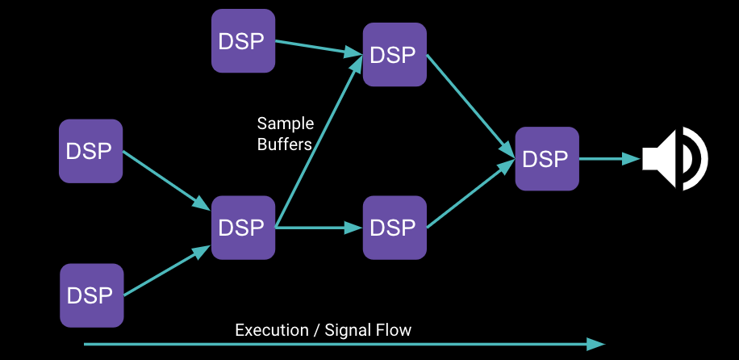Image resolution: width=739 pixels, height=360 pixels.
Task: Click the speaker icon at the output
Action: click(x=674, y=158)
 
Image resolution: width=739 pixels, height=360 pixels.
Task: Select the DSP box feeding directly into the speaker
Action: click(x=547, y=159)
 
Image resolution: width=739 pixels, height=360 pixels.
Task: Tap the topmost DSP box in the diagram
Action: click(x=243, y=40)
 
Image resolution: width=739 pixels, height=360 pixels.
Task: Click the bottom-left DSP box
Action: click(x=91, y=295)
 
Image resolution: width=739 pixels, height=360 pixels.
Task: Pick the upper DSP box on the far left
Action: click(x=90, y=151)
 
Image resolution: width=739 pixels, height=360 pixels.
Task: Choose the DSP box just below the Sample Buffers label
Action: click(x=243, y=228)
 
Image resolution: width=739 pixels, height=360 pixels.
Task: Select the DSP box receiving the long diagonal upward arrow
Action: click(x=395, y=55)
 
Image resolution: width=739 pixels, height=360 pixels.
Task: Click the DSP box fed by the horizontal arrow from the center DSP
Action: click(x=395, y=228)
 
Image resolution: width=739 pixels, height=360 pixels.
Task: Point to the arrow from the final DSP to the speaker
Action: click(x=610, y=159)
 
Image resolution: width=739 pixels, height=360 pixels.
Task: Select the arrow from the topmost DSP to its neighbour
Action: click(x=319, y=48)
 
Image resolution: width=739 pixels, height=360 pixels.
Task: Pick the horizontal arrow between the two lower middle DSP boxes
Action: click(x=319, y=228)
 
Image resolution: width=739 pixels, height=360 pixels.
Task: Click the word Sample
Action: click(x=285, y=123)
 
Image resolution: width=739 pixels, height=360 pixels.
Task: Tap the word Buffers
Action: click(x=285, y=144)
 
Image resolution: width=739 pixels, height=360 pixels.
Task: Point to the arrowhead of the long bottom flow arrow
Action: click(x=596, y=344)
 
